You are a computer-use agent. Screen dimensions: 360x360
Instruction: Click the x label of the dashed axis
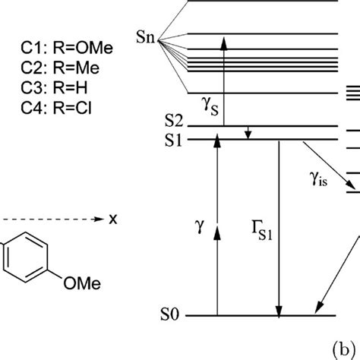tap(113, 219)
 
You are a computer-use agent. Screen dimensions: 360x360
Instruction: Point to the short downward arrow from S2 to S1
tap(248, 133)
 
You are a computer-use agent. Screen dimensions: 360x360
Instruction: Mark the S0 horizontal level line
tap(258, 315)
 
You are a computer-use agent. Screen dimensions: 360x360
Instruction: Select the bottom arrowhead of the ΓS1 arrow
tap(279, 311)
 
